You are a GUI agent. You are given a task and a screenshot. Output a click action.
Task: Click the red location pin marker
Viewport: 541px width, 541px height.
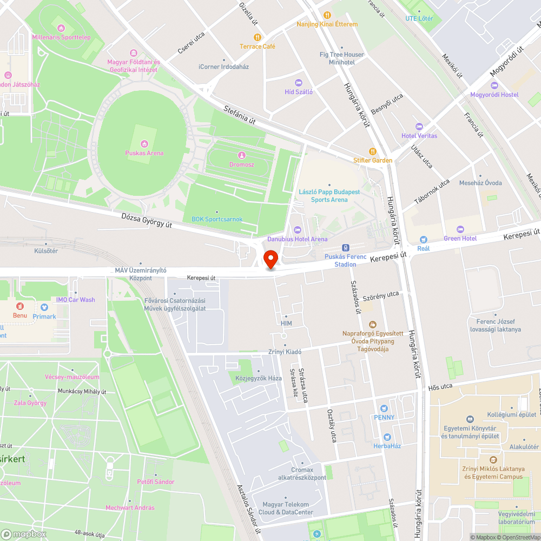[x=270, y=259]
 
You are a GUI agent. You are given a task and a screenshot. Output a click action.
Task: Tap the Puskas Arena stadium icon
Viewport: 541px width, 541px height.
[x=144, y=143]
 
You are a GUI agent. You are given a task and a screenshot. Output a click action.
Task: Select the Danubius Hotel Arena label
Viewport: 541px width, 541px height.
[x=297, y=239]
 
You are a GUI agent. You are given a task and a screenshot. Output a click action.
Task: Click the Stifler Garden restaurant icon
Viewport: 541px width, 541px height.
[x=372, y=151]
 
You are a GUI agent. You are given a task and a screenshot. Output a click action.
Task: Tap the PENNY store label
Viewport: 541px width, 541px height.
[x=384, y=417]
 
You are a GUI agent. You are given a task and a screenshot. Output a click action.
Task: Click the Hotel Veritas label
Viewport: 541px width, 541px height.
[x=419, y=135]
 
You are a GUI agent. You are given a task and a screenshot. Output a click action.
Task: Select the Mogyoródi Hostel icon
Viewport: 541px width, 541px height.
[x=493, y=85]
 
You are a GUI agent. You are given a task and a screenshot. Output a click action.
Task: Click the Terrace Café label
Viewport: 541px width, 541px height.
[x=258, y=47]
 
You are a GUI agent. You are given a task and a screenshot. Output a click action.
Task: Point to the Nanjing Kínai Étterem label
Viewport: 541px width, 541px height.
[x=327, y=24]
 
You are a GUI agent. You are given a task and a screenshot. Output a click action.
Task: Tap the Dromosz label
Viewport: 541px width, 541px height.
[x=241, y=163]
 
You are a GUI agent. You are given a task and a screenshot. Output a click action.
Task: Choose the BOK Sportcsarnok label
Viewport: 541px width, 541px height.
[x=217, y=219]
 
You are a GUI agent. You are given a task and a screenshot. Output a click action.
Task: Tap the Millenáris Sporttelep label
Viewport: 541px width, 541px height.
[x=61, y=37]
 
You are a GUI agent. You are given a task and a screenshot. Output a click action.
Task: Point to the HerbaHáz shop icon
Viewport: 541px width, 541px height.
[x=387, y=437]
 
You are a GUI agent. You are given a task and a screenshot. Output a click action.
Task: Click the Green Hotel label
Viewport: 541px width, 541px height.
[x=460, y=238]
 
